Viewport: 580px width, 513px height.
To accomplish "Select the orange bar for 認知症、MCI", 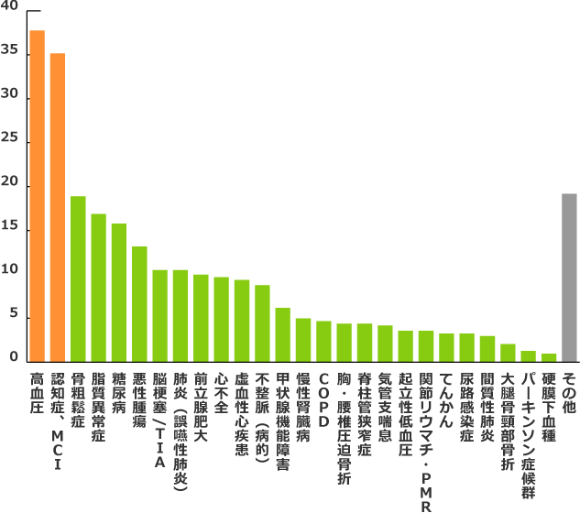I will click(x=57, y=206).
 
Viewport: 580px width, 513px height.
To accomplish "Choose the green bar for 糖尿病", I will click(x=118, y=291).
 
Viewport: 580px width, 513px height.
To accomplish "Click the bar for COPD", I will click(x=323, y=340).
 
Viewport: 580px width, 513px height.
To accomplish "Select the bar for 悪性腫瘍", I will click(x=139, y=303).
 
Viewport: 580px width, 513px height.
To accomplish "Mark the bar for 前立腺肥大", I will click(x=201, y=317).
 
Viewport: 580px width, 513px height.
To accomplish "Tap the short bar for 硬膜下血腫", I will click(x=549, y=356).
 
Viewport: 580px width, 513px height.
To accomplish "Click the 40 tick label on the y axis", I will click(x=9, y=6).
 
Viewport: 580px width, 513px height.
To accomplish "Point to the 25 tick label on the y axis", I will click(x=9, y=138).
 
